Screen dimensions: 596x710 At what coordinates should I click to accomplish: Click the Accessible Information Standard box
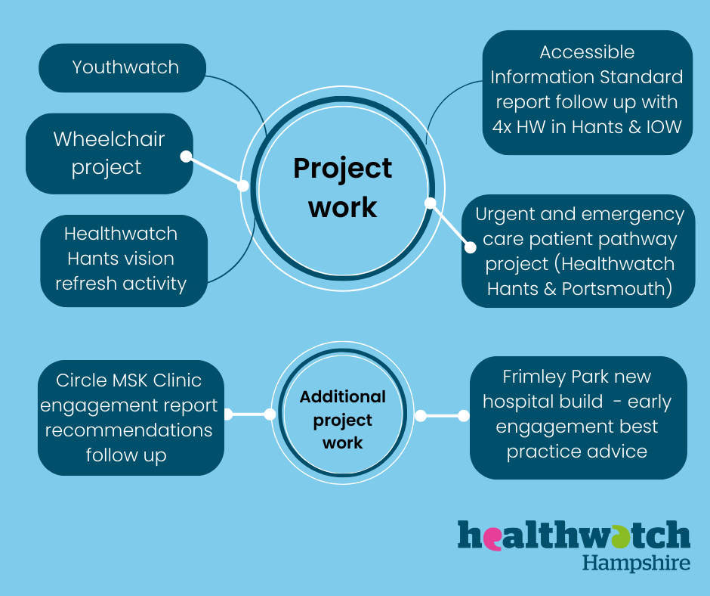(x=587, y=89)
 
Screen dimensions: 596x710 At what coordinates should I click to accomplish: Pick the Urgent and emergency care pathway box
(x=579, y=252)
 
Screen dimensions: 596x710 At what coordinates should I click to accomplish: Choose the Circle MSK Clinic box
(x=130, y=418)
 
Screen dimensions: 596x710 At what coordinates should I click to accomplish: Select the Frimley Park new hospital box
(x=578, y=414)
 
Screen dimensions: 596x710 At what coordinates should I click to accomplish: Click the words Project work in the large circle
(x=343, y=187)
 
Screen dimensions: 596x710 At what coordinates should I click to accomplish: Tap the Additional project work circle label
(x=343, y=420)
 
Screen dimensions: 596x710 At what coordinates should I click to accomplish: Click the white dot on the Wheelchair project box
(x=185, y=156)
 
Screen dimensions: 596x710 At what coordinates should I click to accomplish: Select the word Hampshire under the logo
(x=636, y=563)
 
